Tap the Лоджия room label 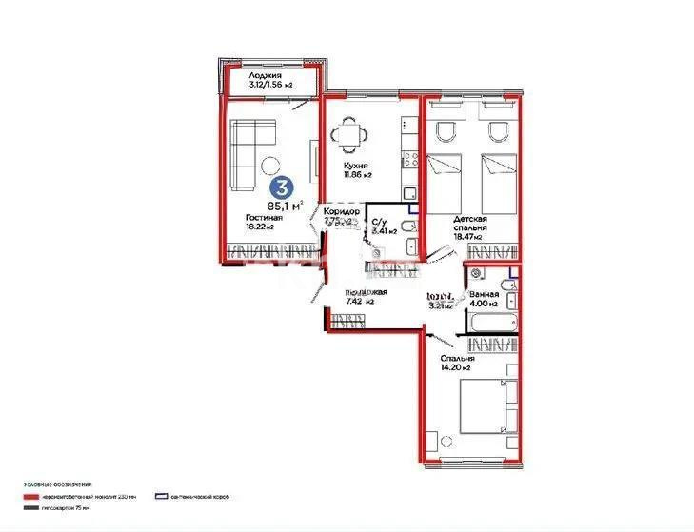pyautogui.click(x=266, y=76)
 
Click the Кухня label pyautogui.click(x=357, y=165)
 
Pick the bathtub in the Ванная pyautogui.click(x=491, y=321)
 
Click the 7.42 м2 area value pyautogui.click(x=358, y=302)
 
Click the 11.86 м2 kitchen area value pyautogui.click(x=358, y=175)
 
